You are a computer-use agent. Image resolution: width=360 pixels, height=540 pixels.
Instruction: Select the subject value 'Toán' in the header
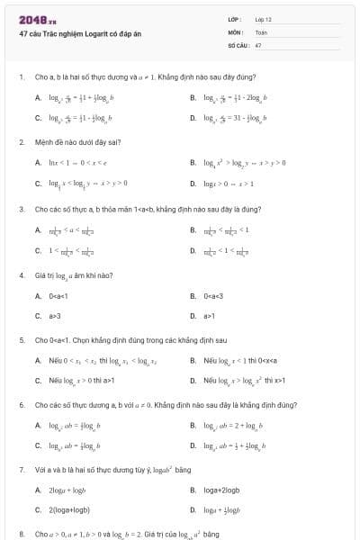tap(261, 31)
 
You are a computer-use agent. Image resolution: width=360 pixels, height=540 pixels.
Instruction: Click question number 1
tap(21, 77)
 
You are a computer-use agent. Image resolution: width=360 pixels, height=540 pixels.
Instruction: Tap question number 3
tap(21, 209)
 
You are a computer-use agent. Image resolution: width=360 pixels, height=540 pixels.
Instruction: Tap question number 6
tap(21, 406)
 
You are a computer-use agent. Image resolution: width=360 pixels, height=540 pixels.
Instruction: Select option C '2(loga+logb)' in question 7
tap(68, 510)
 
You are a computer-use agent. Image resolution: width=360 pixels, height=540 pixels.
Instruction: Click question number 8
tap(21, 534)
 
